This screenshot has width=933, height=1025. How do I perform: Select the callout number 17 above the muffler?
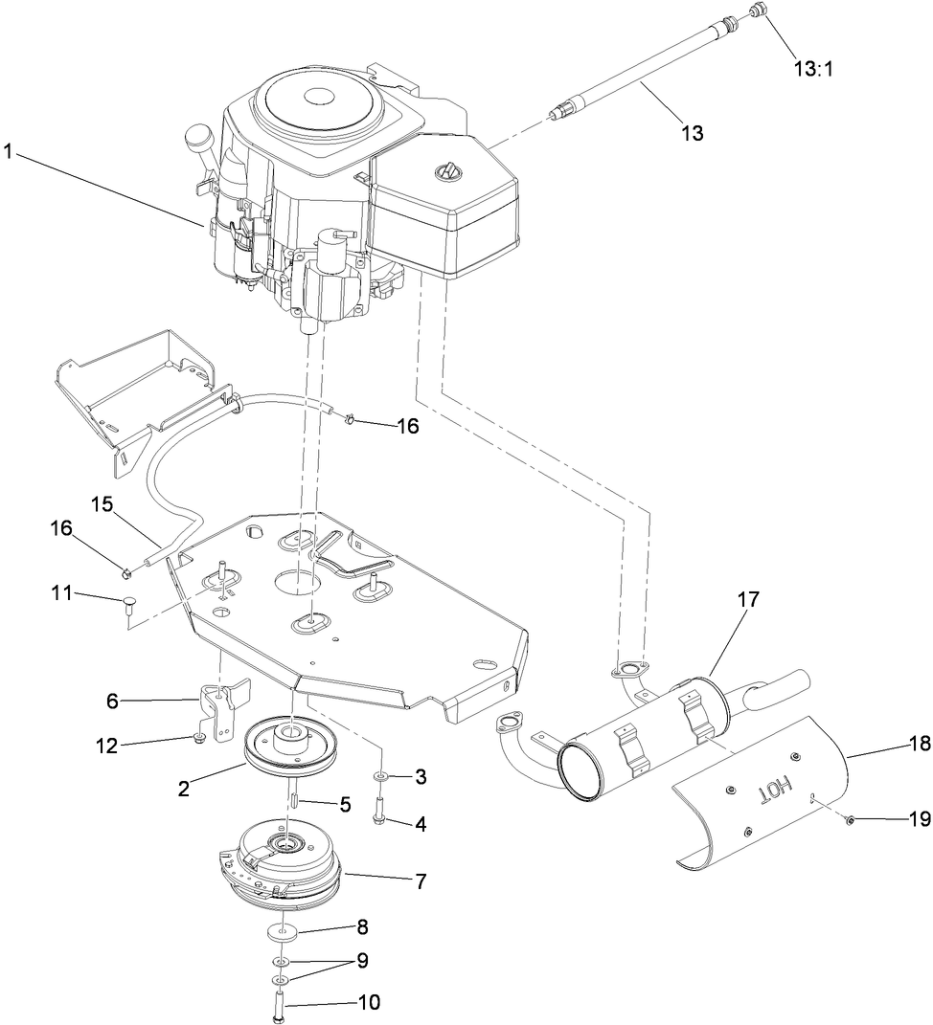click(x=747, y=600)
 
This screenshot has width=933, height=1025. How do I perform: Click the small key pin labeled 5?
click(x=294, y=793)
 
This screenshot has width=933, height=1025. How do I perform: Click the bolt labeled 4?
click(x=380, y=820)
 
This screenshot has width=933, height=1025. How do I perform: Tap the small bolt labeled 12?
click(x=196, y=738)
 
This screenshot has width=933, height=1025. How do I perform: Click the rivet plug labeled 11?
click(x=129, y=601)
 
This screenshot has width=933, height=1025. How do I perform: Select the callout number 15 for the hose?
click(x=102, y=503)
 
